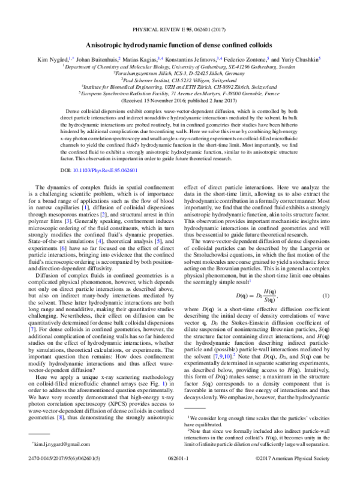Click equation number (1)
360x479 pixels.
click(326, 281)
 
